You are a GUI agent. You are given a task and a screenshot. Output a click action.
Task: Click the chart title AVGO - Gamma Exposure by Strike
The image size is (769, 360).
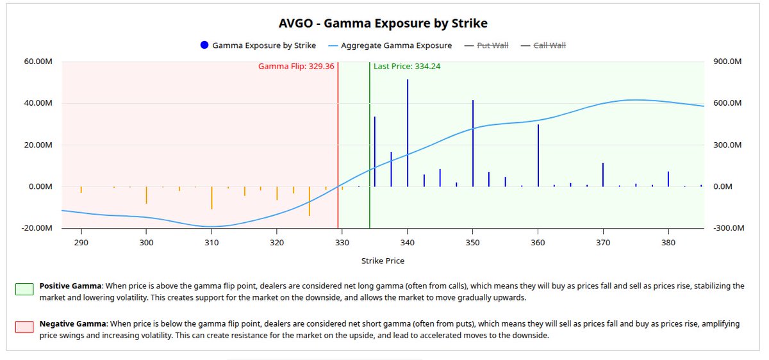(383, 24)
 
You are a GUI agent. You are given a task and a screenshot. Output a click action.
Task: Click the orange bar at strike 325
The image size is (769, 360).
(310, 201)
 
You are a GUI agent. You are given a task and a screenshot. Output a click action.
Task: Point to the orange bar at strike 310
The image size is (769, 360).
(211, 198)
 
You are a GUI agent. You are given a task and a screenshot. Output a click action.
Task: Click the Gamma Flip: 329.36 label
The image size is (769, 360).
(296, 67)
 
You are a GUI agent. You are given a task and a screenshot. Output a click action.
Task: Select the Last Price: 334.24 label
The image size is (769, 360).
(407, 67)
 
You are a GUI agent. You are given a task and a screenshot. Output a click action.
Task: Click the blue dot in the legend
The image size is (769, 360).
(205, 45)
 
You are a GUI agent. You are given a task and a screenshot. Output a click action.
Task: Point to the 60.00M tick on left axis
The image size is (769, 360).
(39, 62)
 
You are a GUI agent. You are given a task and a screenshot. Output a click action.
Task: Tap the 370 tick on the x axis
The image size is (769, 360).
(603, 243)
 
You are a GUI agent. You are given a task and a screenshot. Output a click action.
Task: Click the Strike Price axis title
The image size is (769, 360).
(383, 261)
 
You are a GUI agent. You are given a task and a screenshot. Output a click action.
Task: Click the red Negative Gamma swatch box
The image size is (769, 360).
(24, 327)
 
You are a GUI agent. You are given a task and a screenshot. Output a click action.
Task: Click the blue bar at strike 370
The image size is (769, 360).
(603, 175)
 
